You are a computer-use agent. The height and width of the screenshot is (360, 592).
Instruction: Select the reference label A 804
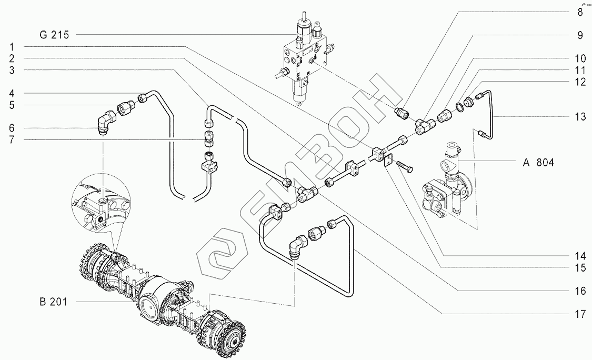pyautogui.click(x=538, y=163)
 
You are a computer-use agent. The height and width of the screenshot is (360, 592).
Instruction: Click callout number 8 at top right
pyautogui.click(x=580, y=11)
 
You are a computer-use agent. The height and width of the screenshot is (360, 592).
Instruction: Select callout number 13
pyautogui.click(x=579, y=117)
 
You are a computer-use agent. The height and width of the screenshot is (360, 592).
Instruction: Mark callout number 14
pyautogui.click(x=579, y=256)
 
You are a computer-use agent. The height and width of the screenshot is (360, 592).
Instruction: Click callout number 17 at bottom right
pyautogui.click(x=579, y=314)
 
